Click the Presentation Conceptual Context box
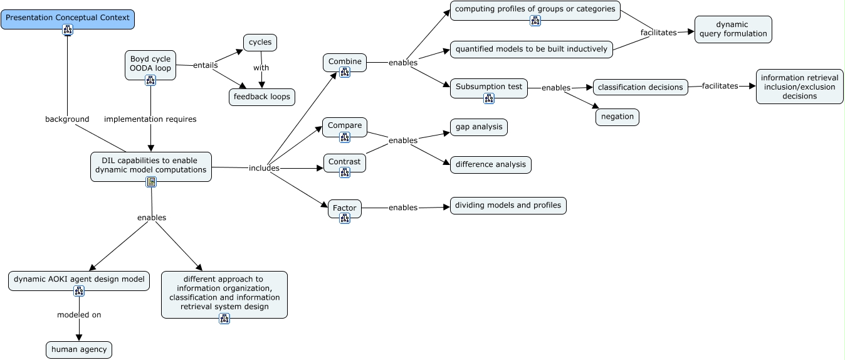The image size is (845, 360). (x=68, y=19)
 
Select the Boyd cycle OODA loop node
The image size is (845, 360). (x=150, y=64)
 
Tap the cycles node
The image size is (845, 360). (x=260, y=43)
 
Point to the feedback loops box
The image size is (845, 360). (x=261, y=97)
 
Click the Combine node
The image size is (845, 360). (x=345, y=62)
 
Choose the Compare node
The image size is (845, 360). (x=345, y=126)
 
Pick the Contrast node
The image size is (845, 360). (x=345, y=162)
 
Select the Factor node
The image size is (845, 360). (x=345, y=208)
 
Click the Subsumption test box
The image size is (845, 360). (x=489, y=87)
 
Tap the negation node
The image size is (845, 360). (x=617, y=117)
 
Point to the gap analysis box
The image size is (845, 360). (x=479, y=127)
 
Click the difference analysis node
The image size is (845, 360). (x=491, y=165)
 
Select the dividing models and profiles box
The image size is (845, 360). (x=508, y=206)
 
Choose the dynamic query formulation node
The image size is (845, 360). (x=733, y=29)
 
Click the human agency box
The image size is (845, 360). (x=79, y=350)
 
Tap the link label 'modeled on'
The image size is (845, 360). (x=79, y=315)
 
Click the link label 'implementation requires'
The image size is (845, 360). (x=150, y=119)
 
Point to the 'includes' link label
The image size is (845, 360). (x=264, y=168)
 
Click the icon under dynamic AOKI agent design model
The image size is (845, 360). (x=79, y=290)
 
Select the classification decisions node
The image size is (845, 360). (x=640, y=87)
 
